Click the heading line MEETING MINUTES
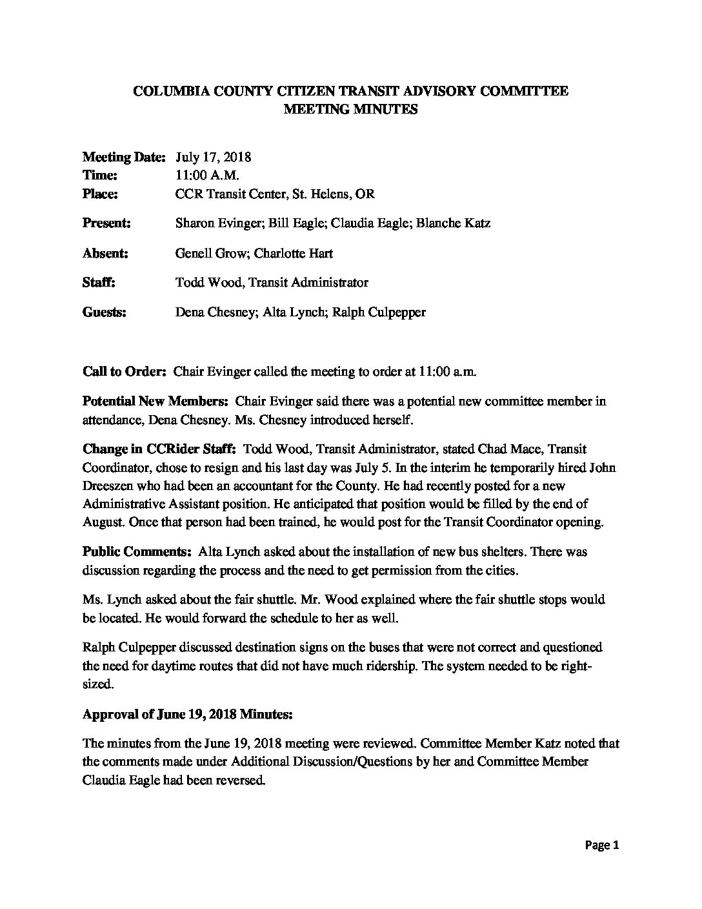pos(350,109)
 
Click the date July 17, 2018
pos(213,157)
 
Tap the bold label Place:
pos(100,193)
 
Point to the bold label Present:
pos(106,223)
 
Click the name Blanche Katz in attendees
pos(453,223)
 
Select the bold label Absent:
pos(105,253)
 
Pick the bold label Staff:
pos(99,282)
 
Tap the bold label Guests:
pos(105,312)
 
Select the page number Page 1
pos(603,845)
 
